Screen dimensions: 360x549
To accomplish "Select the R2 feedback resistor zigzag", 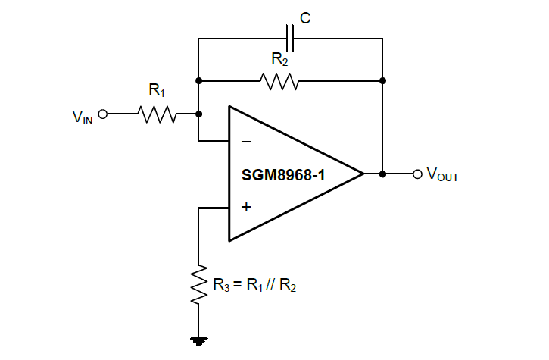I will click(279, 80).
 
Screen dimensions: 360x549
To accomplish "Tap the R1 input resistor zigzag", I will click(158, 114).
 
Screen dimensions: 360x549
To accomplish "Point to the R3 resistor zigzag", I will click(198, 285).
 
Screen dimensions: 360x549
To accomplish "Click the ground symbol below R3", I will click(198, 340).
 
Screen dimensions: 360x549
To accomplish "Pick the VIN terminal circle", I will click(103, 114).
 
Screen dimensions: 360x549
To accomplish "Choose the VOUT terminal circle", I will click(416, 174).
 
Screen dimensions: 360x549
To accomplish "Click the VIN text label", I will click(83, 117).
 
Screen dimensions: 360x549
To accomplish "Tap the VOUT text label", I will click(443, 175).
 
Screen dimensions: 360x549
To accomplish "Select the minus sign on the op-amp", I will click(245, 142).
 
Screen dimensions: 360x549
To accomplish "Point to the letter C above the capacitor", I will click(305, 17).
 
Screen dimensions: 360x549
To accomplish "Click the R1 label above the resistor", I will click(157, 92).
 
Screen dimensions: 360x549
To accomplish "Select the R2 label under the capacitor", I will click(279, 58).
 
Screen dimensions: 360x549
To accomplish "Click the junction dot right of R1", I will click(198, 114).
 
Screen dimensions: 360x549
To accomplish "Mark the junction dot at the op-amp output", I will click(383, 174).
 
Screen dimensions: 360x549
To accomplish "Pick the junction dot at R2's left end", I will click(198, 80).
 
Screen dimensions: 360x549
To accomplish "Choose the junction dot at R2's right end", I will click(383, 80).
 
